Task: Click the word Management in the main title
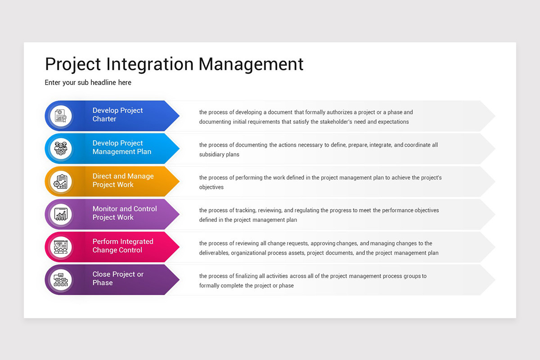(251, 64)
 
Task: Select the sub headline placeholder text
(88, 83)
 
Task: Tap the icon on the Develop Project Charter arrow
(60, 116)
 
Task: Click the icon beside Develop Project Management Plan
(60, 148)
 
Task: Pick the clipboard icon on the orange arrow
(60, 181)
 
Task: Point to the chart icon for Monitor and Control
(60, 214)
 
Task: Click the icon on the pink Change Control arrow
(60, 247)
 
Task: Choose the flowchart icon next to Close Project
(60, 279)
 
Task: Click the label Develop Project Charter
(117, 115)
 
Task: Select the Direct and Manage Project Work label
(123, 180)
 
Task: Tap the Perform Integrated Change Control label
(122, 246)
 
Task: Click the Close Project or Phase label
(117, 279)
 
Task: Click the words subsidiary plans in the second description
(219, 155)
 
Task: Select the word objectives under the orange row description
(211, 187)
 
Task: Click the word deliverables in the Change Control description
(214, 253)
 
